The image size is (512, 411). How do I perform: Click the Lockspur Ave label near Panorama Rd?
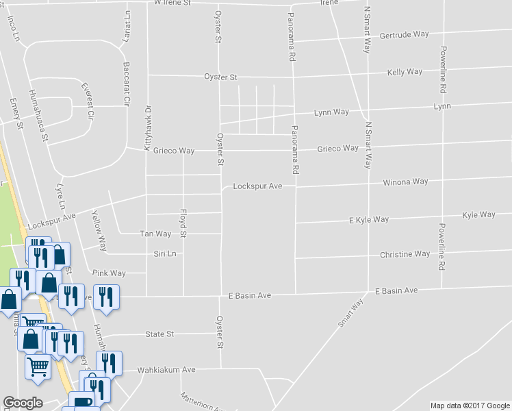(x=257, y=186)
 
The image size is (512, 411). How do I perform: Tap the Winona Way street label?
(x=405, y=182)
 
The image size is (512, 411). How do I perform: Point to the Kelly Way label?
(x=405, y=72)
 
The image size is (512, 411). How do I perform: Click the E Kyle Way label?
(x=369, y=220)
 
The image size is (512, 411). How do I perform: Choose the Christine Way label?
(x=405, y=254)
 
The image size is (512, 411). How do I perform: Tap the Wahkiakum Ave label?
(x=166, y=370)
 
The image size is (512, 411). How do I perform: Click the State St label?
(x=159, y=334)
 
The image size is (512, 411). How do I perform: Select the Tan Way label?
(x=155, y=234)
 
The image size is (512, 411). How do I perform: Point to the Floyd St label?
(x=183, y=223)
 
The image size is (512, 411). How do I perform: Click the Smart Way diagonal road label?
(x=350, y=312)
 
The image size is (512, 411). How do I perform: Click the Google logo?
(x=23, y=403)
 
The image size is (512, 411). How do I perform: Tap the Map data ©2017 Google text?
(x=470, y=406)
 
